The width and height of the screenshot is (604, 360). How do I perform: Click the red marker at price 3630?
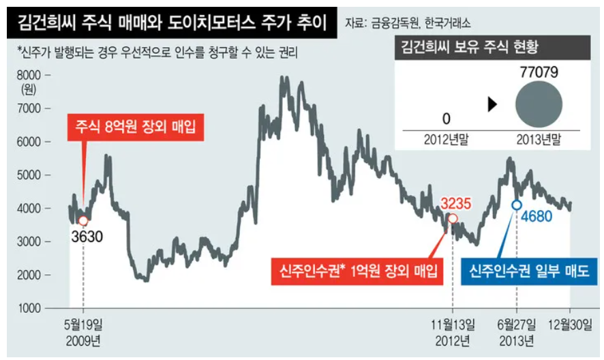83,220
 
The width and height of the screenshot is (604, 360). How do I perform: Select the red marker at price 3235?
452,218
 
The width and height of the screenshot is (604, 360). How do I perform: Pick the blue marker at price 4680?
517,205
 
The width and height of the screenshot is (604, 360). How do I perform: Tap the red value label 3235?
456,202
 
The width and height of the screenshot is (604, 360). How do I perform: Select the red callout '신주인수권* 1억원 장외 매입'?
357,272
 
